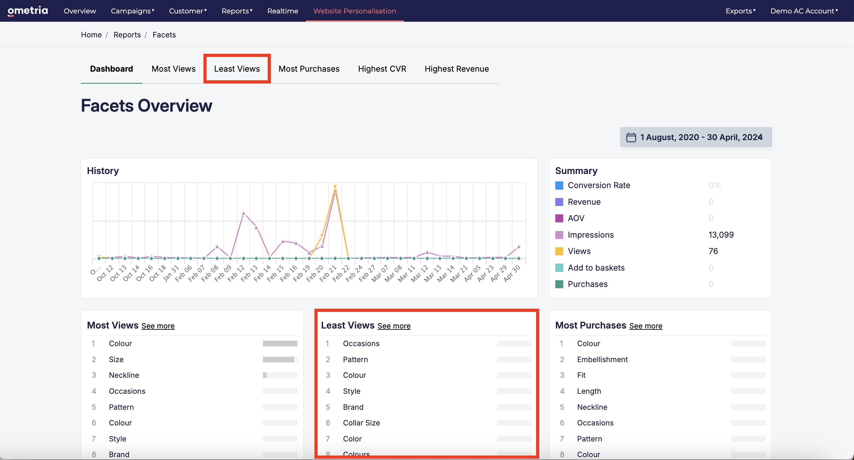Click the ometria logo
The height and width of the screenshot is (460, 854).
click(28, 11)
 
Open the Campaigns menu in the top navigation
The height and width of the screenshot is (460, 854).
click(132, 11)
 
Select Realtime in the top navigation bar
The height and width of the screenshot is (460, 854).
click(283, 11)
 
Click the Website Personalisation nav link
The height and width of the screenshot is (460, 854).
click(355, 11)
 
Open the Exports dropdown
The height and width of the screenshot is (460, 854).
click(740, 11)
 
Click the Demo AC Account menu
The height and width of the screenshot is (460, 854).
click(804, 11)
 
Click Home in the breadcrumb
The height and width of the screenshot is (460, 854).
click(91, 35)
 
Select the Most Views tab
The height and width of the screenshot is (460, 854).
click(173, 69)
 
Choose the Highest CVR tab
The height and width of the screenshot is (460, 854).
click(382, 69)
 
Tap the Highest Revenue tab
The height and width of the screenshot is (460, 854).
click(456, 69)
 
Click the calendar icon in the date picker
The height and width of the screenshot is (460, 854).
click(631, 137)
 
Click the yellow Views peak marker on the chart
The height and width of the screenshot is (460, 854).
click(335, 187)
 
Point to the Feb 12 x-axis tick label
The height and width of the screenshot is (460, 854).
click(236, 273)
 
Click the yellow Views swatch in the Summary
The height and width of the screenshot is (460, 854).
click(559, 251)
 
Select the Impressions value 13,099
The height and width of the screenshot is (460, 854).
click(721, 235)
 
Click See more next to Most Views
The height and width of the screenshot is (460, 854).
click(158, 326)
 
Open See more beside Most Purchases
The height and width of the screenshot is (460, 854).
click(645, 326)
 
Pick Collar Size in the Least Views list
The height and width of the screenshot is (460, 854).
click(361, 423)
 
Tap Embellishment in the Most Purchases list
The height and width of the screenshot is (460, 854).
click(602, 360)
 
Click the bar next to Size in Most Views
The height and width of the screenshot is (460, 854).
click(280, 360)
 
